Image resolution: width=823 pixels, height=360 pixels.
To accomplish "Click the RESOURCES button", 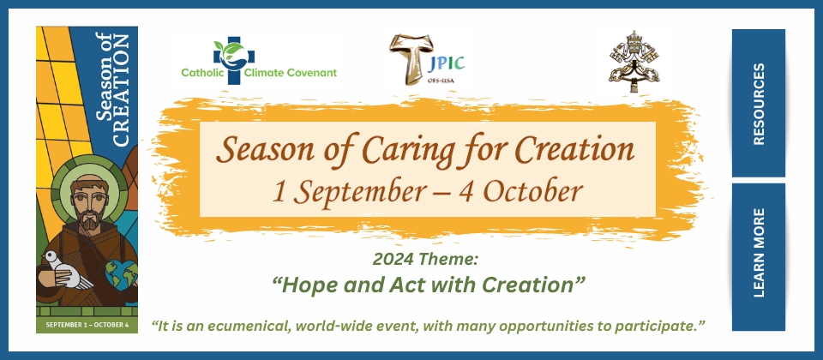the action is [x=759, y=104].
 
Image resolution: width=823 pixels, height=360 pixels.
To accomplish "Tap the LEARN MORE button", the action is [x=759, y=257].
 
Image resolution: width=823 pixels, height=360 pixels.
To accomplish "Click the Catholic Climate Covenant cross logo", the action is [x=233, y=59].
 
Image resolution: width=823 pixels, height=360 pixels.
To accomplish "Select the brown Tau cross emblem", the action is [x=408, y=59].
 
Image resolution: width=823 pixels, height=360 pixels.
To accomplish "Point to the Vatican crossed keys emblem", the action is [x=634, y=62].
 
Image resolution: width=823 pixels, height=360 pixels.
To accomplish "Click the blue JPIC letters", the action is [x=446, y=63].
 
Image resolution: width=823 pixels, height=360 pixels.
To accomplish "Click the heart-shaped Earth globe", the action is [x=122, y=273].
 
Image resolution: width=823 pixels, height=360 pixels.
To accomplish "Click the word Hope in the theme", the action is [x=303, y=286].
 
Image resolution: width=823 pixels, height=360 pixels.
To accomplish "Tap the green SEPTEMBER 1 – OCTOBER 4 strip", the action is [x=87, y=325].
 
